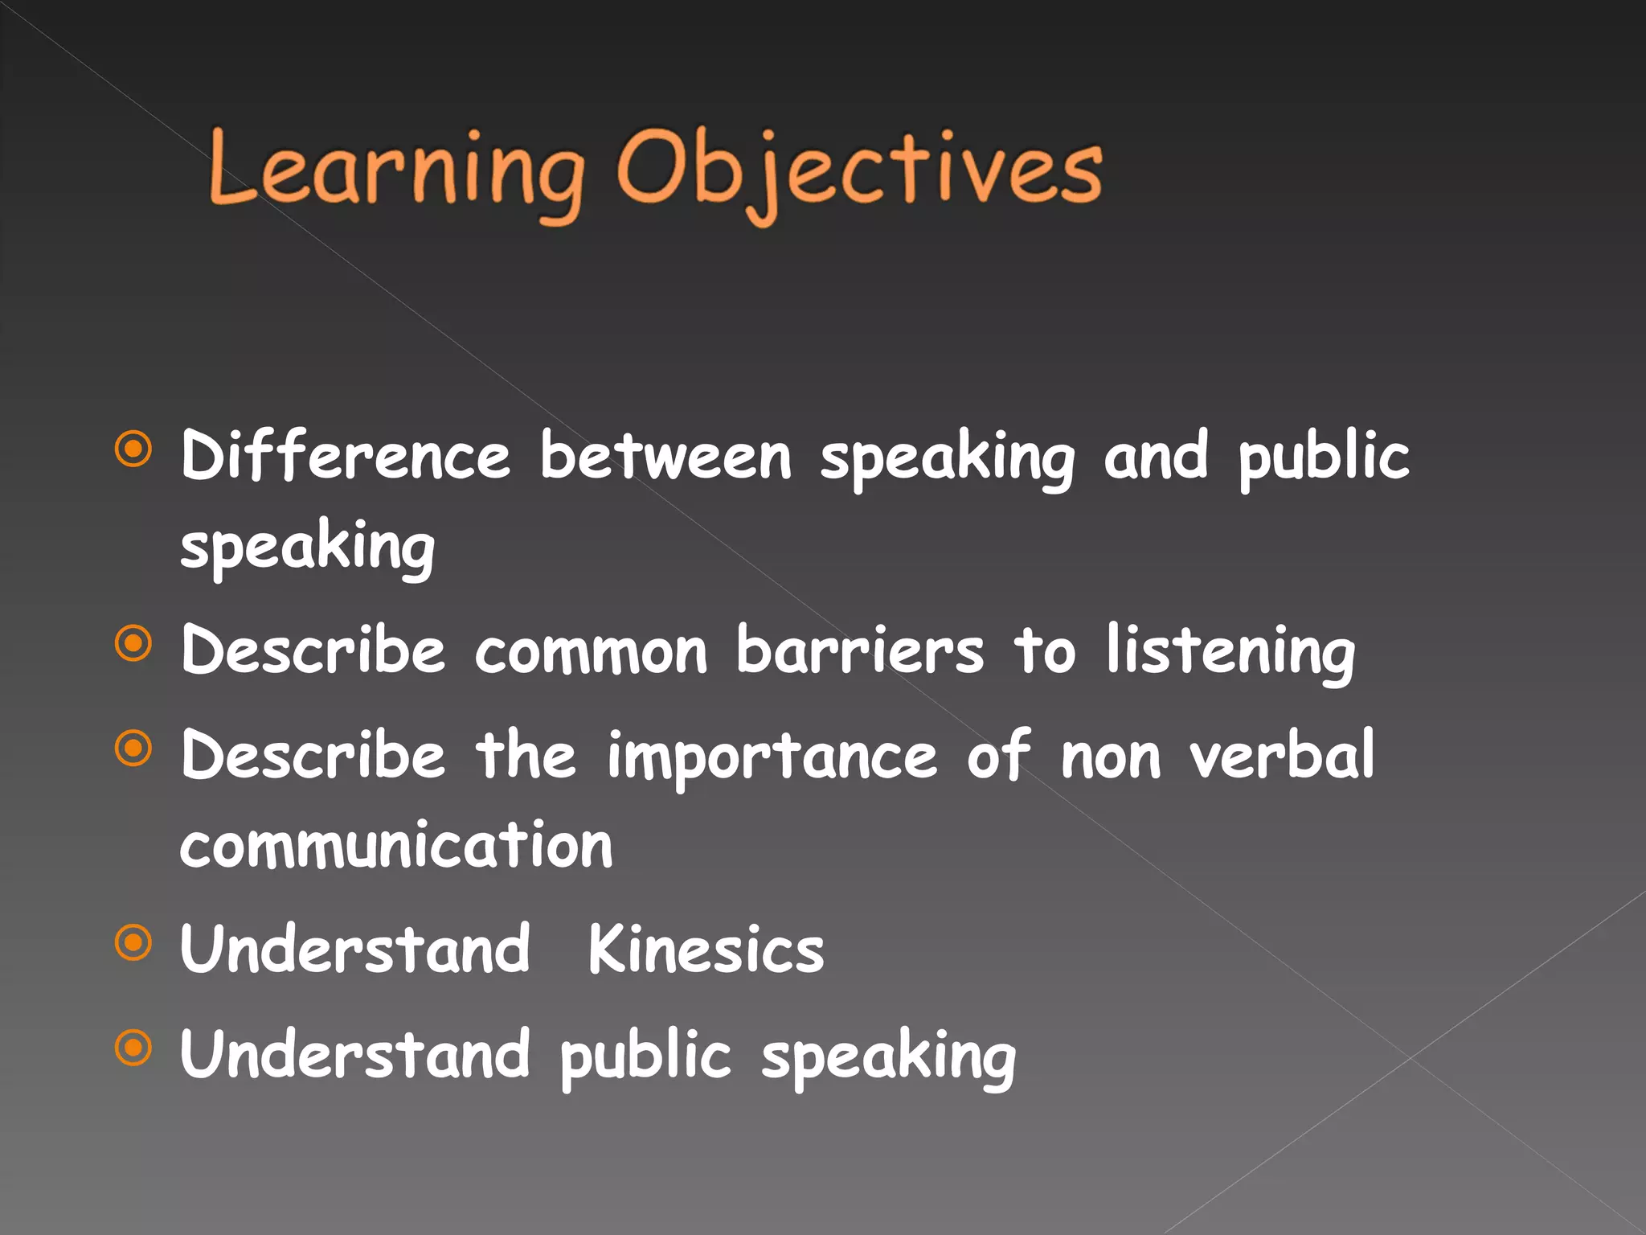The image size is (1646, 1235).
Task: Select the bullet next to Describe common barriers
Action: [133, 643]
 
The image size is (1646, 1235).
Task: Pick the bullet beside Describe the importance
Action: [133, 749]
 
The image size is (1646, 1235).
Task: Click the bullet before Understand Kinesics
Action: [133, 943]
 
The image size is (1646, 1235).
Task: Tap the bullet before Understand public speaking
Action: [133, 1048]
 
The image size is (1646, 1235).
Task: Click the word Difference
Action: [346, 456]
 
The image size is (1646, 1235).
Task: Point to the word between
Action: [665, 456]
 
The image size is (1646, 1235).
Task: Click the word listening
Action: [1230, 651]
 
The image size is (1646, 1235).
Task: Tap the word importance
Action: [772, 757]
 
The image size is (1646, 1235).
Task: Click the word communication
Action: [396, 846]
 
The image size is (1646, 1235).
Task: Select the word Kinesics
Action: [706, 950]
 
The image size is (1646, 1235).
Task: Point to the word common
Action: [591, 651]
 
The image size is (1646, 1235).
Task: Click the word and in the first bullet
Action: [1155, 456]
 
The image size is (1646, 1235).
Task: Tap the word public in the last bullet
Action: [645, 1056]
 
